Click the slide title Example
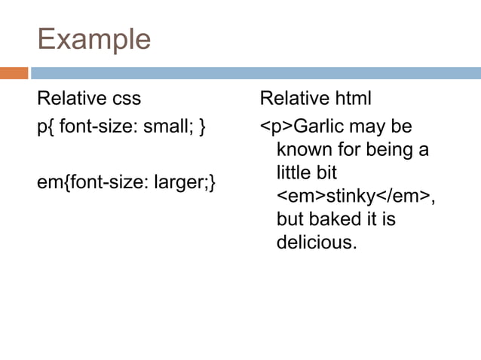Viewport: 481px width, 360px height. click(x=93, y=39)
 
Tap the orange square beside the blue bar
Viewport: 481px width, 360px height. click(x=14, y=73)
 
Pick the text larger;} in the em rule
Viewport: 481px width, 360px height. click(x=183, y=182)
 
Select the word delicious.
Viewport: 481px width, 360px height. click(x=316, y=243)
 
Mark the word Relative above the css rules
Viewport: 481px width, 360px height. click(x=72, y=99)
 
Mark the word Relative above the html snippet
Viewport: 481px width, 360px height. click(x=294, y=99)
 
